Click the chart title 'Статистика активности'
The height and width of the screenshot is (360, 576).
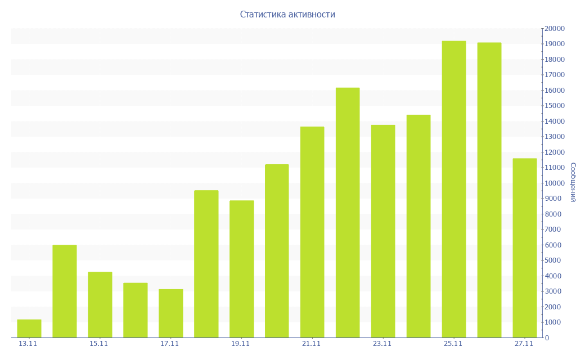(287, 15)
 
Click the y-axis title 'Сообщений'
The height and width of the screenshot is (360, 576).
(572, 182)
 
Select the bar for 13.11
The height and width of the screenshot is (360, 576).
(29, 328)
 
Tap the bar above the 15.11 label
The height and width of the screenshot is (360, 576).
(100, 305)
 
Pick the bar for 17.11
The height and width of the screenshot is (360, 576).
(171, 313)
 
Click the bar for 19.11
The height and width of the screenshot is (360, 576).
(242, 269)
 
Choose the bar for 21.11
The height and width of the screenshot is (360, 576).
(312, 232)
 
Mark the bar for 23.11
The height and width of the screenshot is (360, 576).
(383, 231)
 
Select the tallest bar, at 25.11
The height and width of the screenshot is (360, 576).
(454, 189)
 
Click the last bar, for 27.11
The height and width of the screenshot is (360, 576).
(525, 247)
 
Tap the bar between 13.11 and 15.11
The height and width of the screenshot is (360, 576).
(65, 291)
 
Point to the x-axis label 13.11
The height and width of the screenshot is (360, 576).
(28, 344)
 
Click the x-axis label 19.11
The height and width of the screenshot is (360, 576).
(241, 344)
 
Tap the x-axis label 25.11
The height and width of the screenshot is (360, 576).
(453, 344)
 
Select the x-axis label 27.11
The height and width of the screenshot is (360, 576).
(524, 344)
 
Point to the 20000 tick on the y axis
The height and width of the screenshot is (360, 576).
(554, 29)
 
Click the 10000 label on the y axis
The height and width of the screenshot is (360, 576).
(554, 183)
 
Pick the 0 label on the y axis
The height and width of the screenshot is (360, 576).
(547, 338)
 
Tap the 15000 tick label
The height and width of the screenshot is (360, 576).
(554, 106)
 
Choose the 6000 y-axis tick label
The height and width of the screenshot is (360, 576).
(552, 245)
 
